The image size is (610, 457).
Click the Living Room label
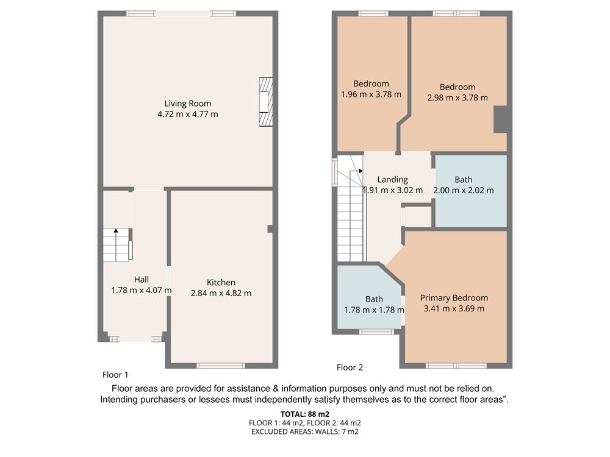pyautogui.click(x=187, y=104)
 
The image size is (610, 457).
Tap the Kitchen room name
pyautogui.click(x=221, y=283)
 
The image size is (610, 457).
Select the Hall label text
pyautogui.click(x=142, y=280)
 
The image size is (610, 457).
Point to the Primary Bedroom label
pyautogui.click(x=454, y=298)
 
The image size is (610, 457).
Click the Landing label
pyautogui.click(x=392, y=180)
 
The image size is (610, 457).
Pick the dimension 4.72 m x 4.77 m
pyautogui.click(x=187, y=115)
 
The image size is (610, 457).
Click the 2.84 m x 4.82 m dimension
pyautogui.click(x=221, y=294)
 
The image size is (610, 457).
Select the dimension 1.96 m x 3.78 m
pyautogui.click(x=371, y=94)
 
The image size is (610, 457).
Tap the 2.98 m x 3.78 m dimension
pyautogui.click(x=457, y=98)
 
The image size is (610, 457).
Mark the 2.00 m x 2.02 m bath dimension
pyautogui.click(x=464, y=190)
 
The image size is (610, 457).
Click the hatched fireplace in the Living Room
pyautogui.click(x=266, y=102)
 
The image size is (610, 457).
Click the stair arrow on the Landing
pyautogui.click(x=356, y=171)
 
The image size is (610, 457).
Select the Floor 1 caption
pyautogui.click(x=115, y=375)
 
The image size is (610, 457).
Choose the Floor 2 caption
pyautogui.click(x=350, y=367)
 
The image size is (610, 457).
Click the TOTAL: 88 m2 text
pyautogui.click(x=305, y=414)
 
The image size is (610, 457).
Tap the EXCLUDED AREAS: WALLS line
pyautogui.click(x=305, y=431)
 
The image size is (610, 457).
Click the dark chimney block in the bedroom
pyautogui.click(x=500, y=119)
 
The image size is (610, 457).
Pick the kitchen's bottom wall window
pyautogui.click(x=221, y=365)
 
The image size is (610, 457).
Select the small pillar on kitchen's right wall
pyautogui.click(x=270, y=229)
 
